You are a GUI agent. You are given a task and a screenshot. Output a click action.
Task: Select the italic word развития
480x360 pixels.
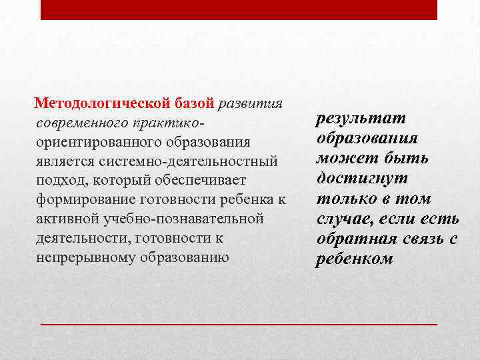(x=251, y=104)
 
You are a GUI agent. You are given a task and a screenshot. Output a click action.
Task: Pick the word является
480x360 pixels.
(x=65, y=161)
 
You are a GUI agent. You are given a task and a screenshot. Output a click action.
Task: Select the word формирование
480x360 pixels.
(x=85, y=200)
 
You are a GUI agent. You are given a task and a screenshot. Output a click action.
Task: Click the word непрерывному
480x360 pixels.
(x=84, y=257)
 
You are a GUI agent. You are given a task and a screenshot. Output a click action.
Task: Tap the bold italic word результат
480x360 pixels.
(x=361, y=119)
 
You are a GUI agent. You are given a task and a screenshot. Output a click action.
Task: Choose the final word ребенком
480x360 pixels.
(x=354, y=259)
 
